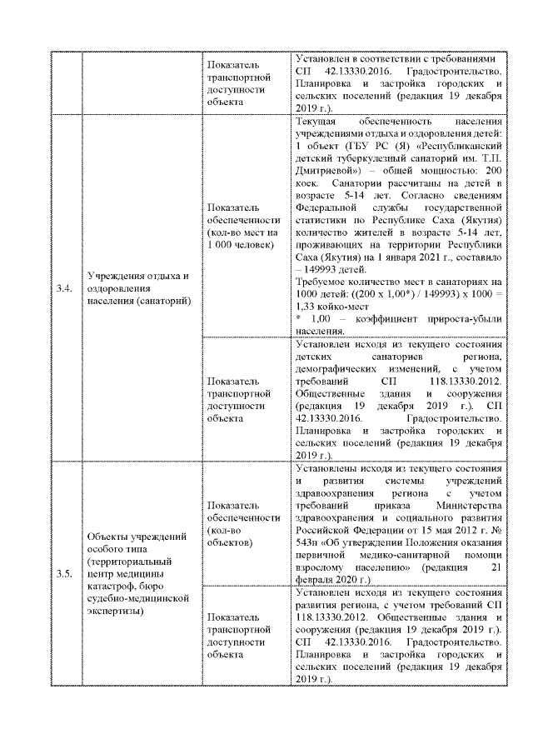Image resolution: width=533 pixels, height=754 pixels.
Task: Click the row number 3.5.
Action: (64, 575)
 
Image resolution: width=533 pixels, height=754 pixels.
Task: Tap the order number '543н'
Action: (307, 543)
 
